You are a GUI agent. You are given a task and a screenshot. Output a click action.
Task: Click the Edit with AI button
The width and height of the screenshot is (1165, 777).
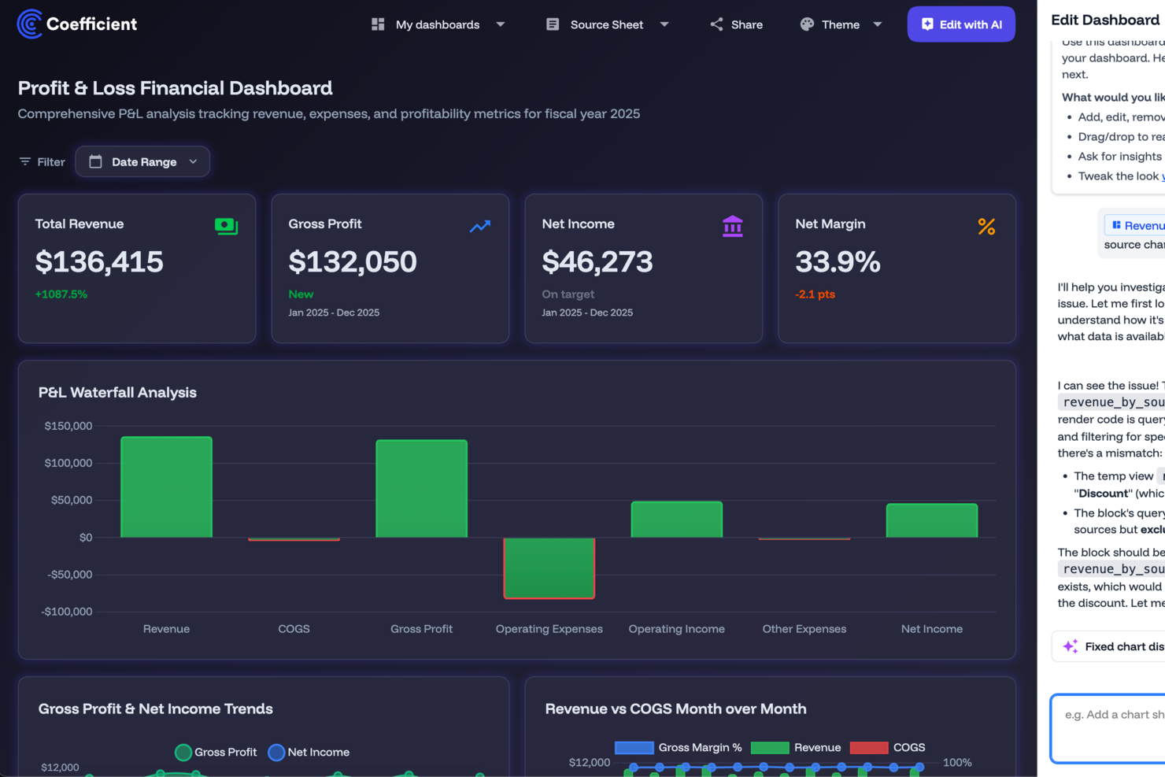(960, 24)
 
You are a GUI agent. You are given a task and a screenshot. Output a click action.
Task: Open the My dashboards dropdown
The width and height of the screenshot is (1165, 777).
(438, 24)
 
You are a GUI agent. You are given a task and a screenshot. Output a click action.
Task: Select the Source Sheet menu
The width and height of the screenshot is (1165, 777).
(607, 24)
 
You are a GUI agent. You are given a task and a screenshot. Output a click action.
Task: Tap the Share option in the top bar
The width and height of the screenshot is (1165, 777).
(736, 24)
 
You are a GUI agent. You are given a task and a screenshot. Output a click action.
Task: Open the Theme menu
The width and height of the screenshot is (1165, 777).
(840, 24)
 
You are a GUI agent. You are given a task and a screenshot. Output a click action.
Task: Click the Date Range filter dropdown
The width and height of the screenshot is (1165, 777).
(142, 161)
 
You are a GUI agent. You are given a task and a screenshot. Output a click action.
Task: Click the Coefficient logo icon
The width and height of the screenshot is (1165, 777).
(30, 24)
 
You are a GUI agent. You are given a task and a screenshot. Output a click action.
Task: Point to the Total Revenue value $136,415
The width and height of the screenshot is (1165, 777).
(99, 261)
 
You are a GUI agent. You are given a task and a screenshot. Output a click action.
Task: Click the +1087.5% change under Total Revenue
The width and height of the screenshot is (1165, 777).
(61, 294)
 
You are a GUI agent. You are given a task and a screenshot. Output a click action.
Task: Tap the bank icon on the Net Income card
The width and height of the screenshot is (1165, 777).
(732, 227)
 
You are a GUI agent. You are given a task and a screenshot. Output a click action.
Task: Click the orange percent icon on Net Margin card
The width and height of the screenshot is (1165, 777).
(986, 227)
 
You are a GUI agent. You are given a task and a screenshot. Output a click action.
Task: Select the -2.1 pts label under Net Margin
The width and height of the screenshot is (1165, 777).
(815, 294)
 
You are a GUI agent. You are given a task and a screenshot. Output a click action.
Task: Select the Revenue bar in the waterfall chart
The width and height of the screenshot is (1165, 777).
(166, 487)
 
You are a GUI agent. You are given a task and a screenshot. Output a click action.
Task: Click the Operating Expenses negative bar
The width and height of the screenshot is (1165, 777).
(549, 568)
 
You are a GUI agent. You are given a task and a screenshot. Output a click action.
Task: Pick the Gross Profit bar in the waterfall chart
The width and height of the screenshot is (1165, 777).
(421, 489)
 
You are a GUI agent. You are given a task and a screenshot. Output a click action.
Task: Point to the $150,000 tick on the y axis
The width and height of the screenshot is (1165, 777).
(68, 426)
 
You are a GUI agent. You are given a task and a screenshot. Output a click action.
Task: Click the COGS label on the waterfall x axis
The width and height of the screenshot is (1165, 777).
(294, 629)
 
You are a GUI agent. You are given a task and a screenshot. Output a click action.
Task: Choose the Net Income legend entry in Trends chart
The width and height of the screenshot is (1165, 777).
(309, 753)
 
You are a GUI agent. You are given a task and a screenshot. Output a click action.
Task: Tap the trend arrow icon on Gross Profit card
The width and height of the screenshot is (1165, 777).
(479, 227)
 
